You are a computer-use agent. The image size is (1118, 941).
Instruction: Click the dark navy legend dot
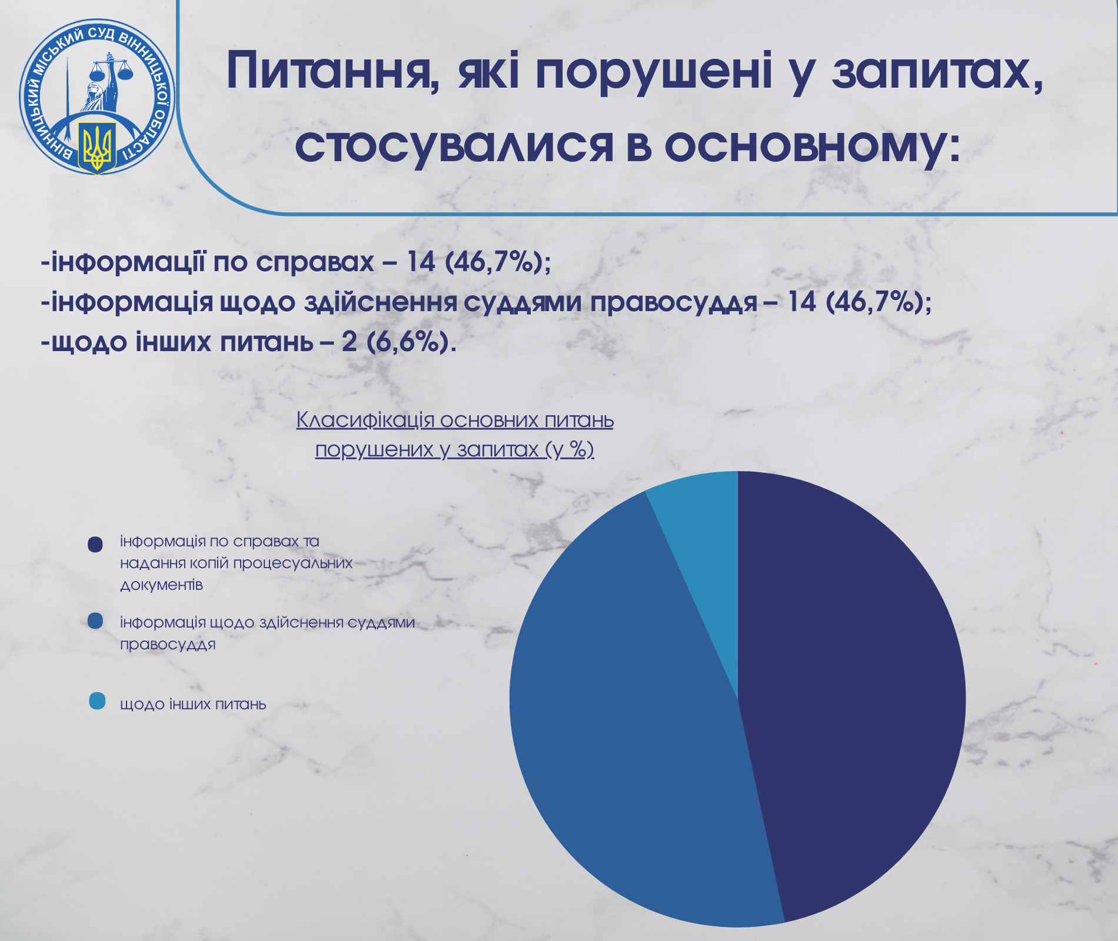[95, 544]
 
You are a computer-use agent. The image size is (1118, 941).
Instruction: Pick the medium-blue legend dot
[95, 621]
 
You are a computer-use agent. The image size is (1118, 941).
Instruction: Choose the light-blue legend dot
[97, 701]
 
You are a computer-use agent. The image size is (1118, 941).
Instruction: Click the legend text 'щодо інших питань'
[193, 704]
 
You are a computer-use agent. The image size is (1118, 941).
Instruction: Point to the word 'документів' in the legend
[161, 585]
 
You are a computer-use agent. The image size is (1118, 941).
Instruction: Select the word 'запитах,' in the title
[936, 74]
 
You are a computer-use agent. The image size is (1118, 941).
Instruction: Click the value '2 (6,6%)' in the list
[398, 341]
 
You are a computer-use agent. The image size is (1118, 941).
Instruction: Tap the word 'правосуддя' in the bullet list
[674, 302]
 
